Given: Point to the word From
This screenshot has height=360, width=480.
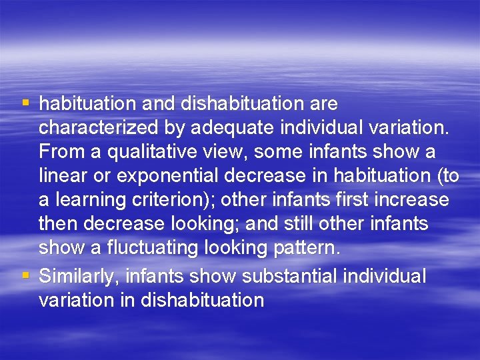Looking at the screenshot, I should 59,152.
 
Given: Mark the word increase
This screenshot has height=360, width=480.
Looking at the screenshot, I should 413,200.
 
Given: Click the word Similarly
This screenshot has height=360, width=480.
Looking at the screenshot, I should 79,275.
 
